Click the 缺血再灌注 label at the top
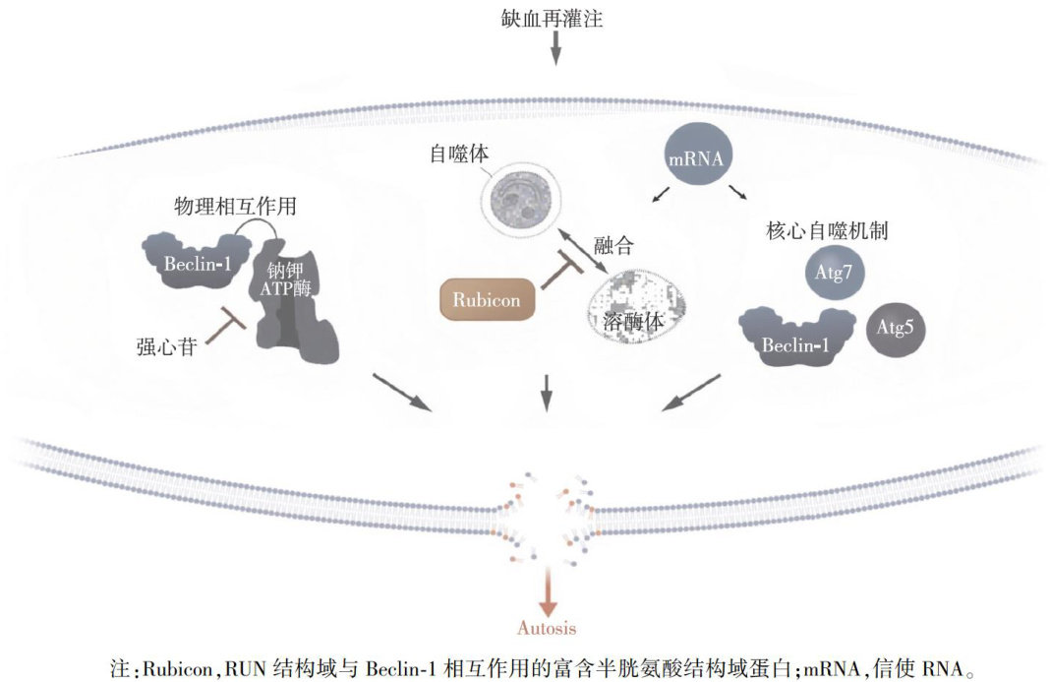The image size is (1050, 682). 555,17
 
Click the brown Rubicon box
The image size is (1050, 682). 487,298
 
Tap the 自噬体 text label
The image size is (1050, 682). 459,155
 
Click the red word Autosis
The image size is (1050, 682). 547,628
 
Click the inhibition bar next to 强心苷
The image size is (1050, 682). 228,325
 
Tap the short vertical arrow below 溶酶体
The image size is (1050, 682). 548,393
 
